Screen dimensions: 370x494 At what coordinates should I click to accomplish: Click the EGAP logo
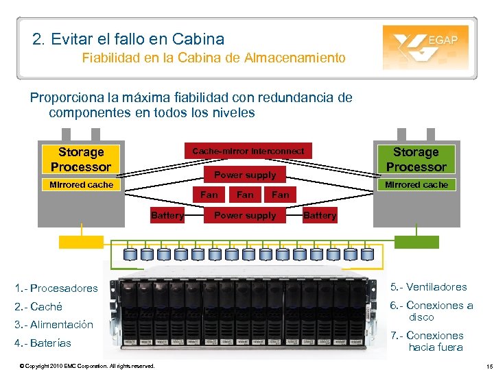click(x=425, y=47)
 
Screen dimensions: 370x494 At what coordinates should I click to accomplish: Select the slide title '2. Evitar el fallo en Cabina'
click(x=128, y=39)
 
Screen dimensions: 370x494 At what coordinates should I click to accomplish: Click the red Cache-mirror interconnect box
click(x=248, y=151)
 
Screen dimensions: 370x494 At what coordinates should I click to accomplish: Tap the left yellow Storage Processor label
click(x=81, y=159)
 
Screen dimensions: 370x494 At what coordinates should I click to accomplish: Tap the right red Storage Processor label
click(x=416, y=159)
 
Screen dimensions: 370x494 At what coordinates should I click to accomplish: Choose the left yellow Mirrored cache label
click(x=81, y=184)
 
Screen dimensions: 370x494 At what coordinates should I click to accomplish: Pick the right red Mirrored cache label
click(x=416, y=184)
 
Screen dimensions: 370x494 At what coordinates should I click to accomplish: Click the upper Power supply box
click(x=245, y=175)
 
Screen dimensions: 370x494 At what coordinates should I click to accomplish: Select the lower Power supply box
click(x=245, y=215)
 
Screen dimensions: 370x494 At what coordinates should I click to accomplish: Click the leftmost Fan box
click(x=209, y=195)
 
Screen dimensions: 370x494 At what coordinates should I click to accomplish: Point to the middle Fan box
click(x=245, y=195)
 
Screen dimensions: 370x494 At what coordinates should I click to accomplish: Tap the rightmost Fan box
click(x=281, y=195)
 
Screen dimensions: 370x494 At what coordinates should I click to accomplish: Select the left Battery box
click(x=167, y=215)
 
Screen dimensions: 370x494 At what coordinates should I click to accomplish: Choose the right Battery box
click(x=320, y=215)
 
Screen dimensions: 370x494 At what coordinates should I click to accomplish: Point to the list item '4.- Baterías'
click(x=42, y=343)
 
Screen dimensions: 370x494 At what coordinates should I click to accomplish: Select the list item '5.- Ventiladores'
click(x=428, y=287)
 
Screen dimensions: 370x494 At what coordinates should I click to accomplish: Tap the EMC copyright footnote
click(x=87, y=366)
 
